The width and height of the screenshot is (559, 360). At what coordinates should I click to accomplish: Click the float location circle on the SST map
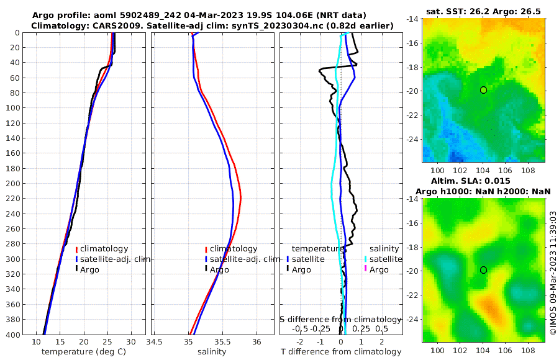coord(483,90)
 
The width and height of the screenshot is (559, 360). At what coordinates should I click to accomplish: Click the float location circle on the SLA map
coord(483,270)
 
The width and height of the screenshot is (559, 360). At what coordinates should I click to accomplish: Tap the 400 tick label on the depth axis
coord(12,335)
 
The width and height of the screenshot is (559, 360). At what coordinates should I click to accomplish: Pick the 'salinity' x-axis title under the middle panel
coord(211,352)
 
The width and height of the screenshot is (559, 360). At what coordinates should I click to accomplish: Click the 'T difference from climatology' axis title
coord(341,352)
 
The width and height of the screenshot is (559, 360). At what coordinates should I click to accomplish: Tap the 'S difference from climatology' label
coord(340,319)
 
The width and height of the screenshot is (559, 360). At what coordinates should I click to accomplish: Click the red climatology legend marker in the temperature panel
coord(76,250)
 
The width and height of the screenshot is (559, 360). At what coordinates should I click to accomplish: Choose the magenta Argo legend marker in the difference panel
coord(366,269)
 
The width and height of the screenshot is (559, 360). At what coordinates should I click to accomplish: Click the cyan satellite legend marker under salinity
coord(366,259)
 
